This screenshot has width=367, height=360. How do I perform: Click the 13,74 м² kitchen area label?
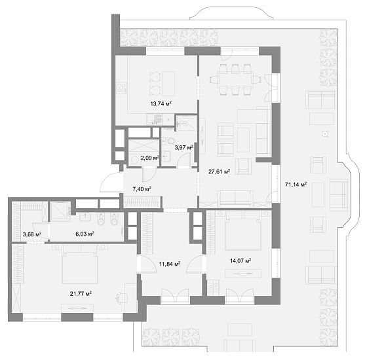click(x=161, y=103)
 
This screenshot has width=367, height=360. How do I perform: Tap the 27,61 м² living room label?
click(x=219, y=171)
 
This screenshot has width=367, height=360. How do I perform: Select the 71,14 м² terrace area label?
click(x=296, y=185)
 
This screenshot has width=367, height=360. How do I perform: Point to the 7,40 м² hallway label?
click(x=142, y=189)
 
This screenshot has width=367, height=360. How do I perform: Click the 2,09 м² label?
click(x=150, y=158)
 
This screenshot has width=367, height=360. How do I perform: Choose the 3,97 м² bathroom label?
click(x=184, y=147)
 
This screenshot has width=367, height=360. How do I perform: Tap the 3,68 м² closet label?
click(x=32, y=234)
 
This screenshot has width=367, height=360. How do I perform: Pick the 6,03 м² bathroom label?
click(x=85, y=234)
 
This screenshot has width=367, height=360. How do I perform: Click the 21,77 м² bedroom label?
click(x=81, y=293)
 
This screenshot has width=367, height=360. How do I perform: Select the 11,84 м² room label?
click(x=170, y=264)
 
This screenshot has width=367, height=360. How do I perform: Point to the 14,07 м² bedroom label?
click(x=241, y=261)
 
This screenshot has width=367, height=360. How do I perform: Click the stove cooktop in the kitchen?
click(x=121, y=88)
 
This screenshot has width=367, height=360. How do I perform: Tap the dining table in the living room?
click(x=235, y=80)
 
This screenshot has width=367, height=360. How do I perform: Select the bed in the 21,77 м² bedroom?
click(x=80, y=264)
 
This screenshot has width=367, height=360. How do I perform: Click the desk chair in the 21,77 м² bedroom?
click(x=122, y=298)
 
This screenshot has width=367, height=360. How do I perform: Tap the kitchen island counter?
click(x=168, y=84)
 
